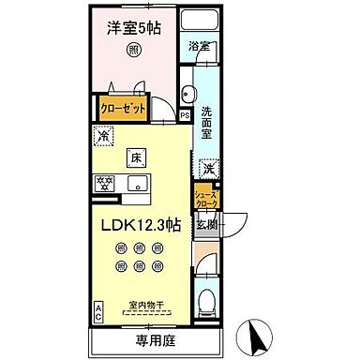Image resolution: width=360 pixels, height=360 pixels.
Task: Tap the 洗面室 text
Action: pos(207,124)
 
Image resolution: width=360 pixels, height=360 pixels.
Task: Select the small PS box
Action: pos(185,115)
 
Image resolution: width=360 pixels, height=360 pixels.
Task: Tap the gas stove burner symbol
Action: pos(102,182)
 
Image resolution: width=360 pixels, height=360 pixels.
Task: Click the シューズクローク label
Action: pos(204,198)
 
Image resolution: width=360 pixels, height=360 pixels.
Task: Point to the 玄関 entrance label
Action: pos(206,224)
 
